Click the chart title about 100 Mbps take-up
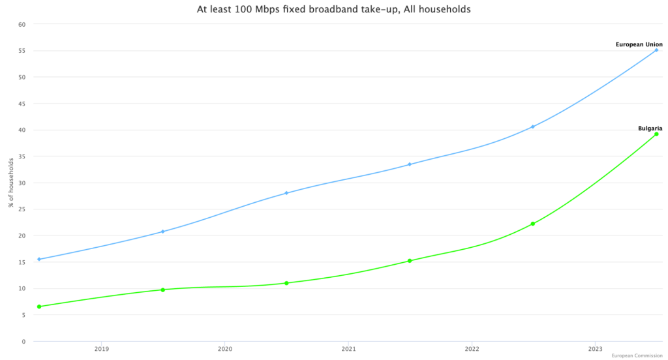333,10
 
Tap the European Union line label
639,44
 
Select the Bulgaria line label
650,128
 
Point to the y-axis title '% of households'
11,183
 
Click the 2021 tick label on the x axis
348,350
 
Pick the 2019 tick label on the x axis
101,350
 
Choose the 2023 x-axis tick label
595,350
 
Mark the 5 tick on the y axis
23,315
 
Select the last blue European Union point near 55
656,50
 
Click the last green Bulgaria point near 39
656,134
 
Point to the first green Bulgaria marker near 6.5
39,307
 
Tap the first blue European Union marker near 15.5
39,259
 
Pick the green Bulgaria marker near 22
533,224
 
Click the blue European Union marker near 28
286,193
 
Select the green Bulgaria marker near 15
410,261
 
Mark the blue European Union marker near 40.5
533,127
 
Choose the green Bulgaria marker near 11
286,283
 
